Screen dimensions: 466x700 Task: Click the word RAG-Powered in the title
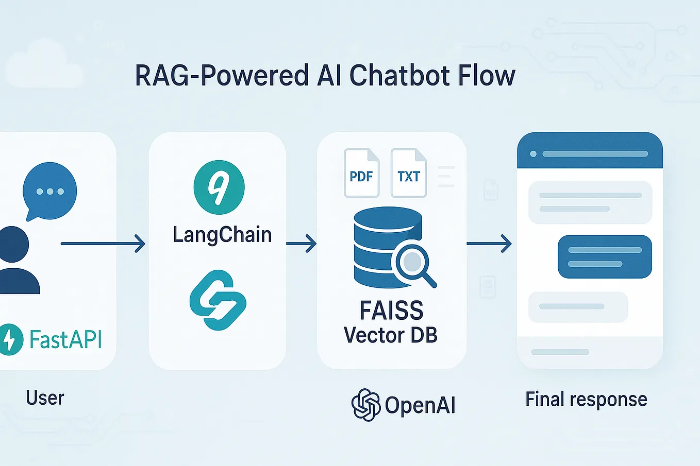click(x=221, y=76)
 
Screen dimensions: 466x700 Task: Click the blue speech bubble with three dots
click(x=49, y=191)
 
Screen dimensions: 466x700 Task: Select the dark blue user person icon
click(x=15, y=260)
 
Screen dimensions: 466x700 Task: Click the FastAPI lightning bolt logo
click(x=10, y=339)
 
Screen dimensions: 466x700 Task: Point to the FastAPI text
click(x=65, y=340)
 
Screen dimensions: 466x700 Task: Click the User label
click(x=45, y=398)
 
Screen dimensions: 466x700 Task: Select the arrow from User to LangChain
click(x=103, y=243)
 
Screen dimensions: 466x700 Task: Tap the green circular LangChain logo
click(x=219, y=187)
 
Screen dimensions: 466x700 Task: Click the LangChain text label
click(x=222, y=235)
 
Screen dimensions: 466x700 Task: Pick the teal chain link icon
click(x=218, y=300)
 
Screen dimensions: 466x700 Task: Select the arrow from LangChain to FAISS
click(x=301, y=243)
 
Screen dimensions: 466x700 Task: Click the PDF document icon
click(x=361, y=174)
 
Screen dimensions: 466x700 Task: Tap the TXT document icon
click(x=408, y=174)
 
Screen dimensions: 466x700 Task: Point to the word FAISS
click(x=391, y=310)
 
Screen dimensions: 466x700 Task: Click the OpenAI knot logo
click(x=366, y=405)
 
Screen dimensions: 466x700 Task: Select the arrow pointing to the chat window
click(x=489, y=243)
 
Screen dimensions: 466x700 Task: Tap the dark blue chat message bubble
click(x=605, y=256)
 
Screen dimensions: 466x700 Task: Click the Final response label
click(x=586, y=400)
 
